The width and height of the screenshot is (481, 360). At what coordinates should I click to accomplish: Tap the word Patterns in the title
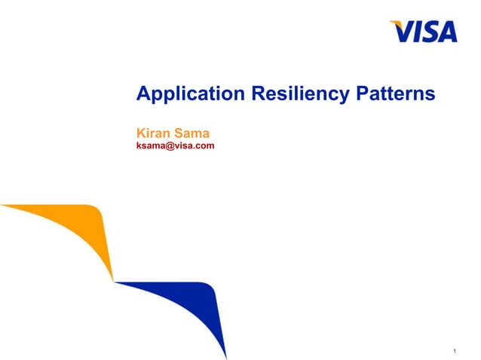(394, 94)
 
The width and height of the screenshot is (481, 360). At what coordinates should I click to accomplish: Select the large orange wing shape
(75, 230)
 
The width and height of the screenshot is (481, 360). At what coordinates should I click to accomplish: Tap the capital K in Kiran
(139, 134)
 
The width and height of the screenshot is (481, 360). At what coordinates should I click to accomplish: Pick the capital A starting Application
(142, 94)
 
